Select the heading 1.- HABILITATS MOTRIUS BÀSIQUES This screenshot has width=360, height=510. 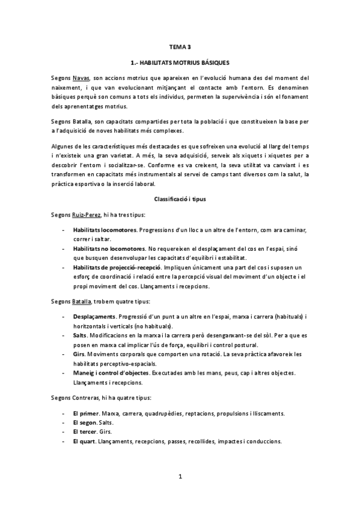[x=180, y=62]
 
